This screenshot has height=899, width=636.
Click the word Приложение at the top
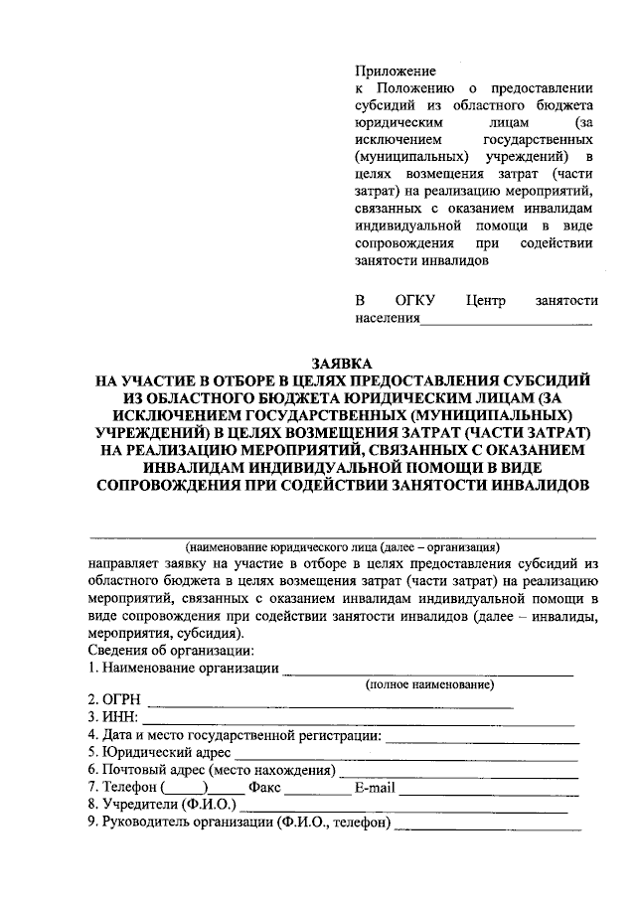click(396, 70)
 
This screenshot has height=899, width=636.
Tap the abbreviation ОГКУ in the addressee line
click(415, 300)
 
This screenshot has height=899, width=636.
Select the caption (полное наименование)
click(429, 684)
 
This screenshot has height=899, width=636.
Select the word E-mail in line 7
click(375, 788)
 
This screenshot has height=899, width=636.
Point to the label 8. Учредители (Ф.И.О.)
click(161, 805)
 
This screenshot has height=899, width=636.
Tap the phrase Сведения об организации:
click(162, 650)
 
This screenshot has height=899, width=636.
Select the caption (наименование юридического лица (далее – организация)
click(342, 546)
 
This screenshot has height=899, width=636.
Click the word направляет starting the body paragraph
click(123, 563)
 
